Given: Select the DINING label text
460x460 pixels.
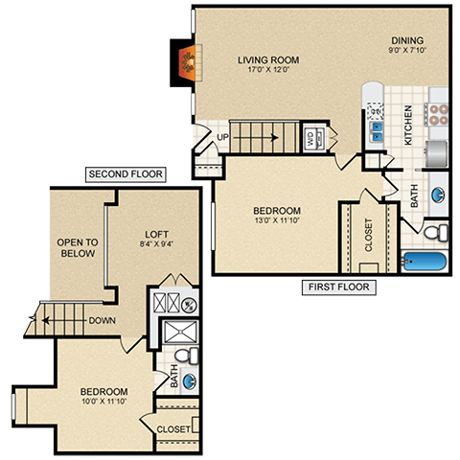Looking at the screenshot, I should point(406,40).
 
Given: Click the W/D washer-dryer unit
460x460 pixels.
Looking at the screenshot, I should point(313,139).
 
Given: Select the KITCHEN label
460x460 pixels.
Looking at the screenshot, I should point(408,125).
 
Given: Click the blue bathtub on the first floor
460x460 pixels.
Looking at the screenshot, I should point(427,260).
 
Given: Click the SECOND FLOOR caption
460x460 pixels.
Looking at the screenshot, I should point(126,174).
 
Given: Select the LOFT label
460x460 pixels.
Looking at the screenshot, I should point(157,233).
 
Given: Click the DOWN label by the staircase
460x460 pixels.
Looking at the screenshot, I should point(102,320).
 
